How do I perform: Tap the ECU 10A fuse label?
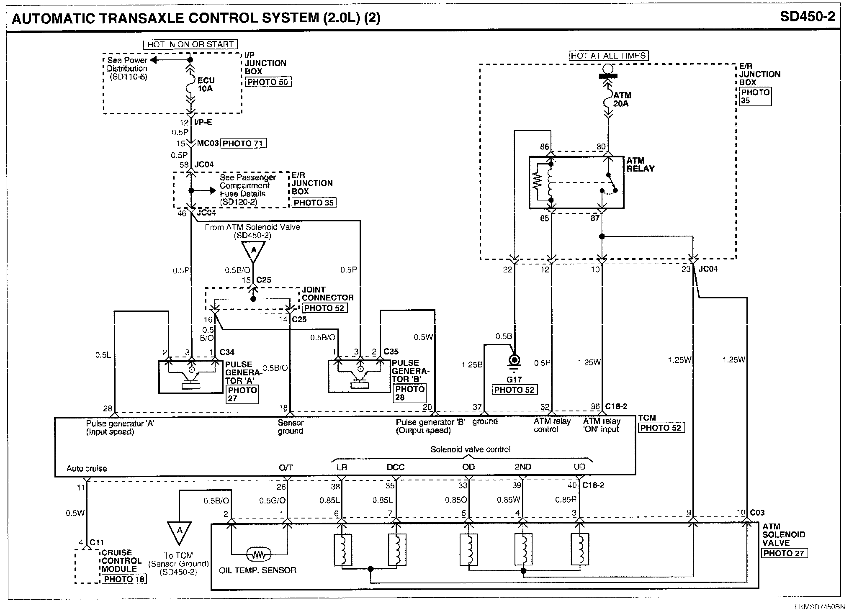pos(205,84)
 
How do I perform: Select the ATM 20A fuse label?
pos(621,100)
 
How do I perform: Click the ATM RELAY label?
pos(640,164)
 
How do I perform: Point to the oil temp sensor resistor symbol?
pos(259,555)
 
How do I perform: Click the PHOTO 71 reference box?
pos(243,144)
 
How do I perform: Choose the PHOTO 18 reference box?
pos(124,579)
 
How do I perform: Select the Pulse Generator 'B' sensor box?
pos(359,376)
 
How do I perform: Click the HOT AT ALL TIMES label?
pos(608,56)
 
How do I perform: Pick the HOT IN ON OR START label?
pos(190,44)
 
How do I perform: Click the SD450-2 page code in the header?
pos(808,17)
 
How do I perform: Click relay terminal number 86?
pos(544,147)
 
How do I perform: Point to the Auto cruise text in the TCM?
pos(87,469)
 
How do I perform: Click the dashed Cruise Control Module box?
pos(87,567)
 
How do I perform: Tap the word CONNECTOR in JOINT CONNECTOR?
pos(328,298)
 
